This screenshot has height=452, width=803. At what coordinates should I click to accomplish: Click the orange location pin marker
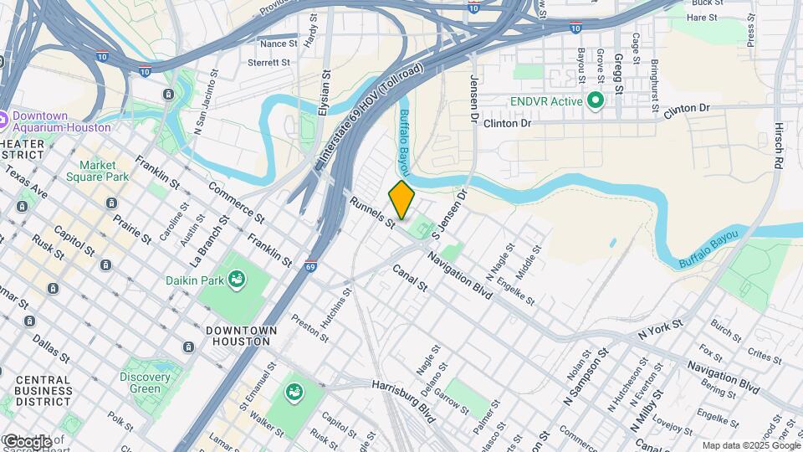[401, 200]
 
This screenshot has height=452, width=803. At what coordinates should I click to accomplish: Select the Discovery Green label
[145, 383]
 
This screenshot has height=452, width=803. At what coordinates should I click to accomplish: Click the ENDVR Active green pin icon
[595, 101]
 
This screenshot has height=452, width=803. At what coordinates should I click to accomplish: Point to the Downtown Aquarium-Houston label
[61, 121]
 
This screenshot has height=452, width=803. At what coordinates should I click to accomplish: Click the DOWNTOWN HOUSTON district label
[238, 336]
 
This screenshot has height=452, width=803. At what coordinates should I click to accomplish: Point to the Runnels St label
[372, 213]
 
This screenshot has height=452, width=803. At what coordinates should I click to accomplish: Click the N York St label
[660, 328]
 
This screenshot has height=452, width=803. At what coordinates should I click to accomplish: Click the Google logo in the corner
[27, 441]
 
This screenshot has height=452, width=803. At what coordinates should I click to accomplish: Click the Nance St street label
[279, 44]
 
